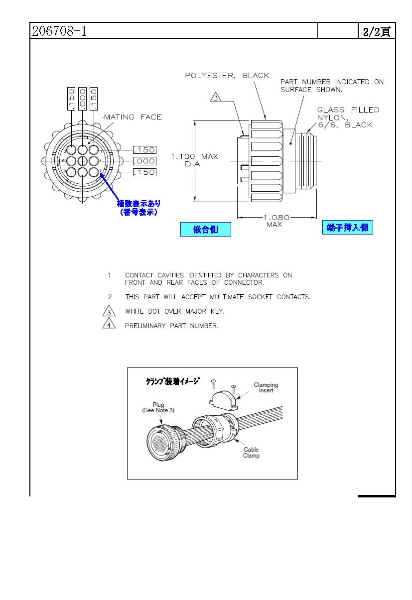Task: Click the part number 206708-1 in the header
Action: click(x=59, y=31)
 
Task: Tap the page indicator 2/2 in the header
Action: click(x=376, y=31)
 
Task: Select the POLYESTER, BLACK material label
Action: click(x=227, y=76)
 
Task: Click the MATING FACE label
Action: click(x=133, y=117)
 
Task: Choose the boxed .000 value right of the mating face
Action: click(x=144, y=161)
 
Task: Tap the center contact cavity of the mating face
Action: click(x=83, y=161)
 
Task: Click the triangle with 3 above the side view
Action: click(x=216, y=97)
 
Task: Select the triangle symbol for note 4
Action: click(x=109, y=326)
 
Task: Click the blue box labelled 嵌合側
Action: click(x=205, y=230)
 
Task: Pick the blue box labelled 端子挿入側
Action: click(x=347, y=228)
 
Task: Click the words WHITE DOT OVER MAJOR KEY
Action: click(x=174, y=311)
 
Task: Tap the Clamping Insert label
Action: click(x=266, y=387)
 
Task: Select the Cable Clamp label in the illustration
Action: click(x=251, y=453)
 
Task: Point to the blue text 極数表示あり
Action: click(x=138, y=204)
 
